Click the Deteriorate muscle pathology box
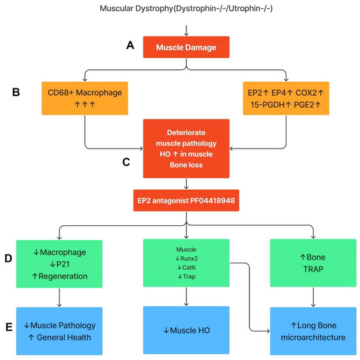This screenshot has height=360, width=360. click(x=187, y=148)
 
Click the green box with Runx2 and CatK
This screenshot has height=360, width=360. click(x=187, y=265)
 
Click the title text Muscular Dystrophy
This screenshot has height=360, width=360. click(x=187, y=9)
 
